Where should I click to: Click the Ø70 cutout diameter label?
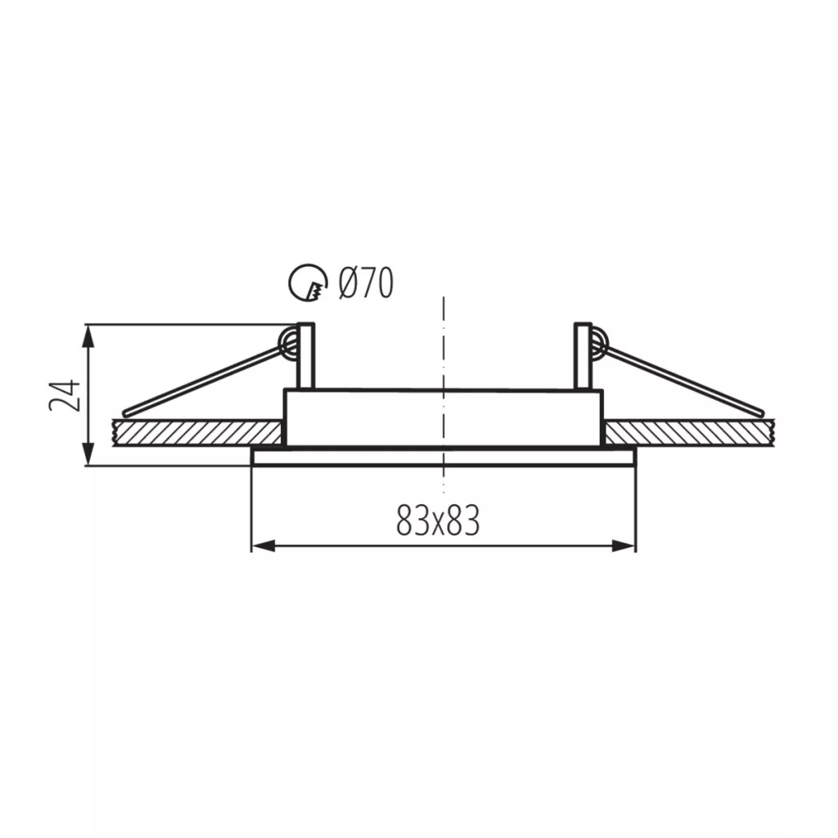(366, 282)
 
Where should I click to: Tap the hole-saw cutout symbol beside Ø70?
(308, 282)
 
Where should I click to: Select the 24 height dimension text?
(65, 395)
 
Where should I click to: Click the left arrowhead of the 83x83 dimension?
(263, 546)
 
